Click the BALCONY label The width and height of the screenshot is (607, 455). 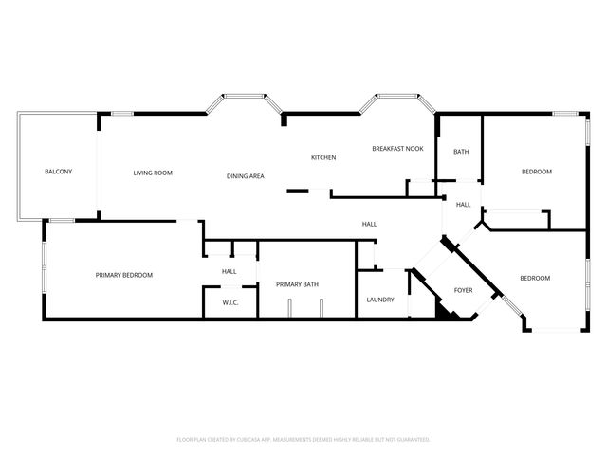[59, 172]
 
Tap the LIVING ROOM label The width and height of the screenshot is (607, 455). [153, 173]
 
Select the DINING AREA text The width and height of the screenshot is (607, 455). [246, 176]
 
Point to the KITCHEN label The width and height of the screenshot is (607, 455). [323, 157]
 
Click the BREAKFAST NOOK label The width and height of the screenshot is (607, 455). [397, 149]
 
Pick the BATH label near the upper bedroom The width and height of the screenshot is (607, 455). [461, 152]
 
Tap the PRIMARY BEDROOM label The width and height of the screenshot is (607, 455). [124, 275]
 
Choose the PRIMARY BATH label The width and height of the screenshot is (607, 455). [297, 284]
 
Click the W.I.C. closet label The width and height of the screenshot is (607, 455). [230, 303]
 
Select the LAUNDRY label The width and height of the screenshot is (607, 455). [380, 300]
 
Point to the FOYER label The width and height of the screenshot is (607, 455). [464, 290]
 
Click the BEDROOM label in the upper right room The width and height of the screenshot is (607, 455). [537, 172]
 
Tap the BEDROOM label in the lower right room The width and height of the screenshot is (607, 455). [535, 278]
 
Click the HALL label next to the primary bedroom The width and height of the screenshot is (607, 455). [230, 272]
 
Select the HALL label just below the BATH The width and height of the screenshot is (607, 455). [464, 205]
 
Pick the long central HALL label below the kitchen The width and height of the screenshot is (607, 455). [369, 224]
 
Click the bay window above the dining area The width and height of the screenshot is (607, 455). [245, 96]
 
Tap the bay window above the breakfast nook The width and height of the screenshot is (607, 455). [397, 96]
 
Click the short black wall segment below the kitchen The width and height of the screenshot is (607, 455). [298, 191]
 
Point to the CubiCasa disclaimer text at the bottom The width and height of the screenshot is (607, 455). [303, 440]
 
